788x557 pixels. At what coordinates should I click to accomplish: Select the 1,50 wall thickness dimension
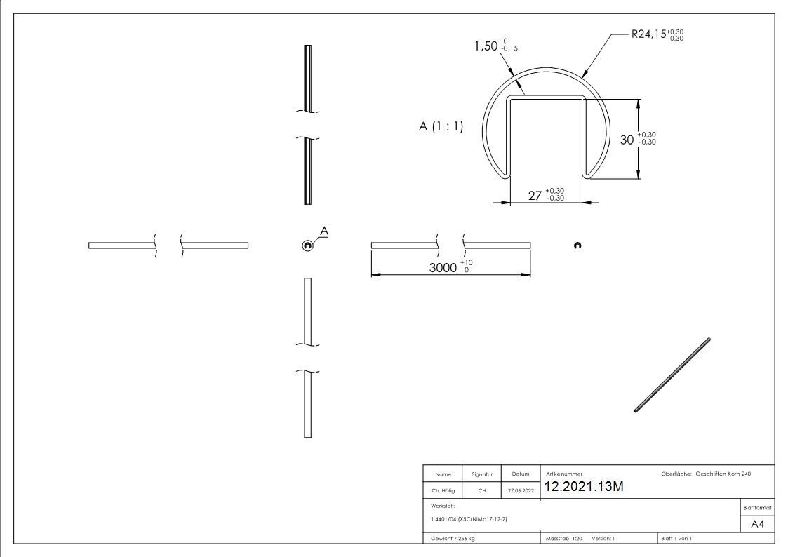(490, 47)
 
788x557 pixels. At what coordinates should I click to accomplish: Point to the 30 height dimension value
(627, 140)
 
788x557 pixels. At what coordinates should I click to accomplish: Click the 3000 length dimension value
(443, 267)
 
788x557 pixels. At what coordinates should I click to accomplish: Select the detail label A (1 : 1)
(441, 128)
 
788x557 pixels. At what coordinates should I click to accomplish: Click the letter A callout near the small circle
(324, 231)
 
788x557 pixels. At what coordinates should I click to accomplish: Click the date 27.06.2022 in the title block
(520, 491)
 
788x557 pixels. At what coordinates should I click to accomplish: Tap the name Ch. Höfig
(443, 491)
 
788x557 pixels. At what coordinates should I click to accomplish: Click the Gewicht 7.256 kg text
(453, 539)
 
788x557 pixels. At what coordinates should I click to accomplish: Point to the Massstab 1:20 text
(564, 539)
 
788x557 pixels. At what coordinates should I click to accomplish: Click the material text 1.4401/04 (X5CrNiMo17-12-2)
(469, 519)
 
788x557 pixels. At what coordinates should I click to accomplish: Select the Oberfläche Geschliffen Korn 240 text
(706, 474)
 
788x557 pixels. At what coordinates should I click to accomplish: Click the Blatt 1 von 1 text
(676, 539)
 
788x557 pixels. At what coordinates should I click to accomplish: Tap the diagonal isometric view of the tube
(672, 375)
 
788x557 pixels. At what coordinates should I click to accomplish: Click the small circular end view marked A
(307, 245)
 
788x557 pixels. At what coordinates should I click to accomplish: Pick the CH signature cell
(482, 491)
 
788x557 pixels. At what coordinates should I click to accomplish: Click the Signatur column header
(482, 474)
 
